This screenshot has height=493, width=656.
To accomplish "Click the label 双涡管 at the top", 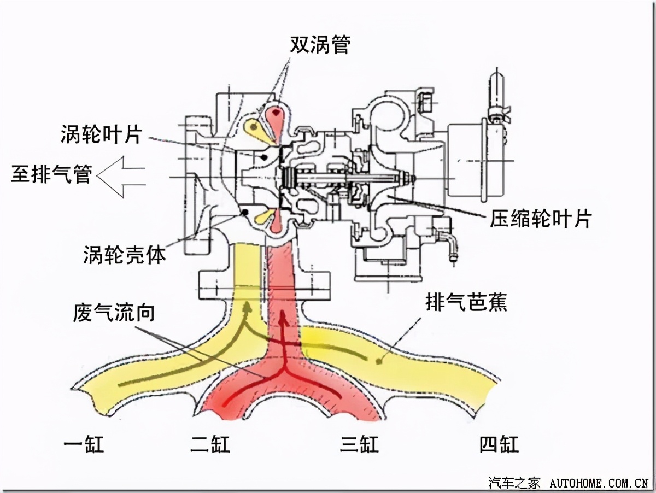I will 320,45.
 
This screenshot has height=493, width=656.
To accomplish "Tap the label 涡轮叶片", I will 102,134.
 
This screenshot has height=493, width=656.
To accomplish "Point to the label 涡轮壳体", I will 124,254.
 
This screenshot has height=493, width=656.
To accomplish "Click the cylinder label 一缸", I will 83,444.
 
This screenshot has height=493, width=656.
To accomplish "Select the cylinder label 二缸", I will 210,444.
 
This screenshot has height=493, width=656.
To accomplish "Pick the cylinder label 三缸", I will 359,444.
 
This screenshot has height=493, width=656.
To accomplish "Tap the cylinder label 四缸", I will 499,444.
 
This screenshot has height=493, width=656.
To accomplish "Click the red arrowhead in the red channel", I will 283,316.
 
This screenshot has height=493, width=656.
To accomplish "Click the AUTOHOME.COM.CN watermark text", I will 599,483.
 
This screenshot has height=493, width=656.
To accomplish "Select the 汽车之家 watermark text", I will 514,483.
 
